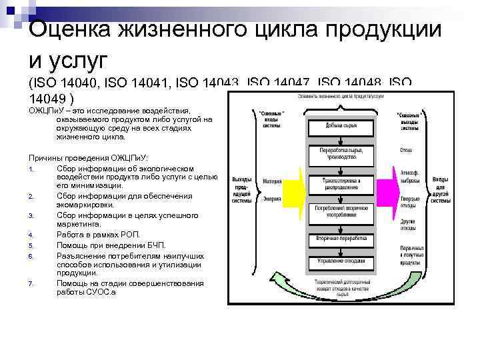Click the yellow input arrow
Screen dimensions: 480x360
tap(291, 189)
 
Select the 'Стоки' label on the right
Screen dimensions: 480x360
tap(406, 150)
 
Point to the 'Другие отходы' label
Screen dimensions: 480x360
tap(409, 225)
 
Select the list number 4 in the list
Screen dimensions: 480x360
tap(31, 235)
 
